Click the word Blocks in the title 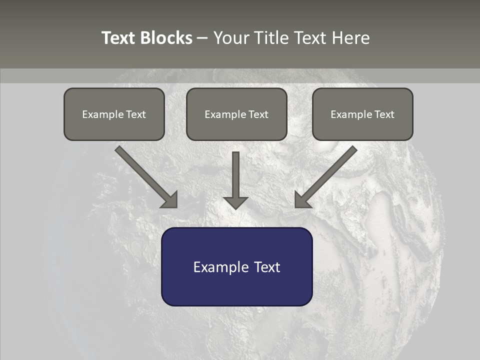[166, 38]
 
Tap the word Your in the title [230, 38]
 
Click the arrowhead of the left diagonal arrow [170, 200]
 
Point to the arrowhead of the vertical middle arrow [235, 202]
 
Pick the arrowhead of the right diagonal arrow [301, 200]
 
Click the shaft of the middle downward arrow [235, 172]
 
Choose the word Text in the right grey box [384, 114]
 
